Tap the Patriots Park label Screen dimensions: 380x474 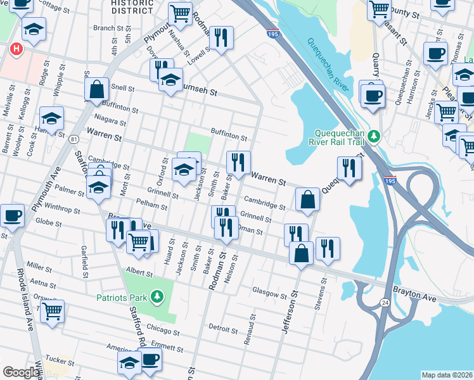pyautogui.click(x=122, y=297)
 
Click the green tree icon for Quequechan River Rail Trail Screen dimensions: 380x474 pyautogui.click(x=374, y=136)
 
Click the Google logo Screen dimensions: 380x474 pyautogui.click(x=21, y=372)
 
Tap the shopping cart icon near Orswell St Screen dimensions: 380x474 pyautogui.click(x=53, y=310)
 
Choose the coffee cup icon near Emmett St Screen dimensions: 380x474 pyautogui.click(x=150, y=358)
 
